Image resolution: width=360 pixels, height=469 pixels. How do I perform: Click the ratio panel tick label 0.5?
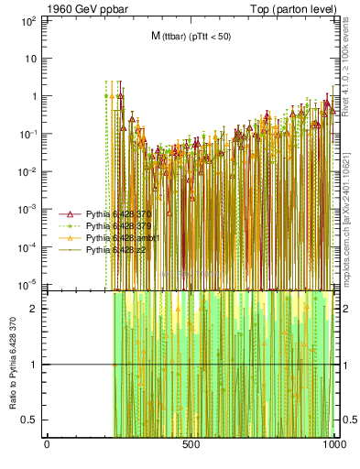[x=29, y=420]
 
